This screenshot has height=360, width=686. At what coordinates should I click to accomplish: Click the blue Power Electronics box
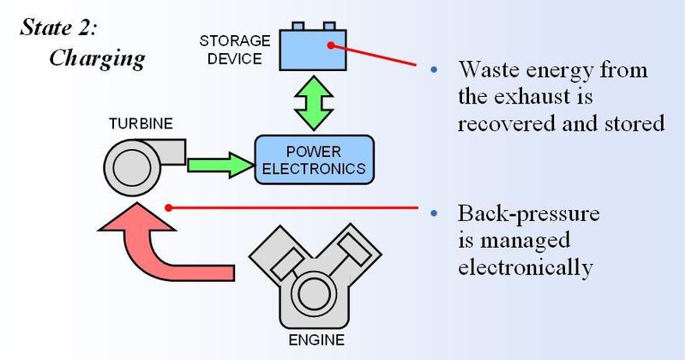314,159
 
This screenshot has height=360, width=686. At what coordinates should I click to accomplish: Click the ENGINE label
316,340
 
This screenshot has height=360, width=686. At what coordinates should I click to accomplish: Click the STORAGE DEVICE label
233,51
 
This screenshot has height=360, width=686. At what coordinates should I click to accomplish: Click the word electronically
525,267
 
